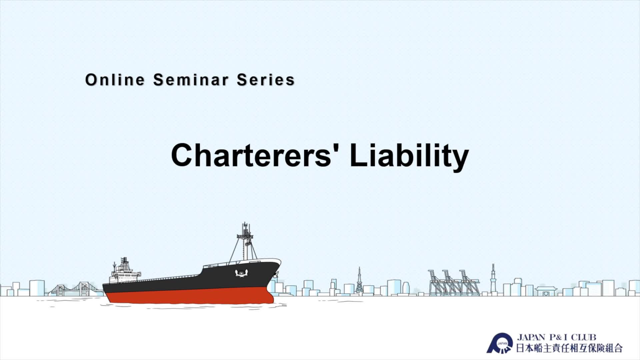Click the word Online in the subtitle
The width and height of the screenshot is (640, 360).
(x=115, y=80)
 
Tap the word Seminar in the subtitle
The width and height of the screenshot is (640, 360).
(x=191, y=80)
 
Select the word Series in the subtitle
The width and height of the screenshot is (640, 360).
(x=266, y=80)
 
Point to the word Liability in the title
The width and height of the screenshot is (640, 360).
(x=409, y=157)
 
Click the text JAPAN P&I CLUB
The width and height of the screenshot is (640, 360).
(x=556, y=337)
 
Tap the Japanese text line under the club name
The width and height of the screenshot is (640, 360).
(x=569, y=348)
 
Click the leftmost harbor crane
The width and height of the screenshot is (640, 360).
(x=436, y=282)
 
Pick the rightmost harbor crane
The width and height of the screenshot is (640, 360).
(x=468, y=282)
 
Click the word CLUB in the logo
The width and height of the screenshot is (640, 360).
(x=584, y=337)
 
